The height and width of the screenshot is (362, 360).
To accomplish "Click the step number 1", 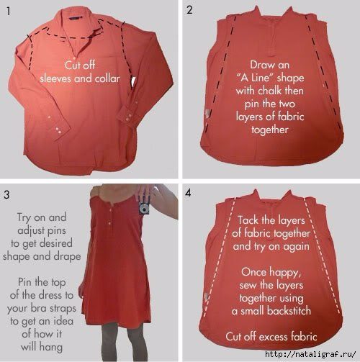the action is [9, 12].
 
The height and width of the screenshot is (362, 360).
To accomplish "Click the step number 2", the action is [189, 10].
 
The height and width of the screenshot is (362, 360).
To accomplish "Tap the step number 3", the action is [6, 194].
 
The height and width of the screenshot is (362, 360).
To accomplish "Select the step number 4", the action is [188, 193].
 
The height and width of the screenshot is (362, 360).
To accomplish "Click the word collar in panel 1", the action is [107, 78].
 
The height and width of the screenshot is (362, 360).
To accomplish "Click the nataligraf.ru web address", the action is [311, 354].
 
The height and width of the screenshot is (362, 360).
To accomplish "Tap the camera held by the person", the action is [145, 208].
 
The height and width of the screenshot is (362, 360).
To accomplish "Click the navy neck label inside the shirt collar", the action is [74, 17].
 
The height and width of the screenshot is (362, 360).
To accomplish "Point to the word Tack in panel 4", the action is [248, 220].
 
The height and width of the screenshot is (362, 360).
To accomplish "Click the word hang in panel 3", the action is [52, 348].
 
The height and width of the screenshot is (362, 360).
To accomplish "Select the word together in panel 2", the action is [270, 130].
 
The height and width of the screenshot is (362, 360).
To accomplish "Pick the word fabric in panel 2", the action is [291, 117].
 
